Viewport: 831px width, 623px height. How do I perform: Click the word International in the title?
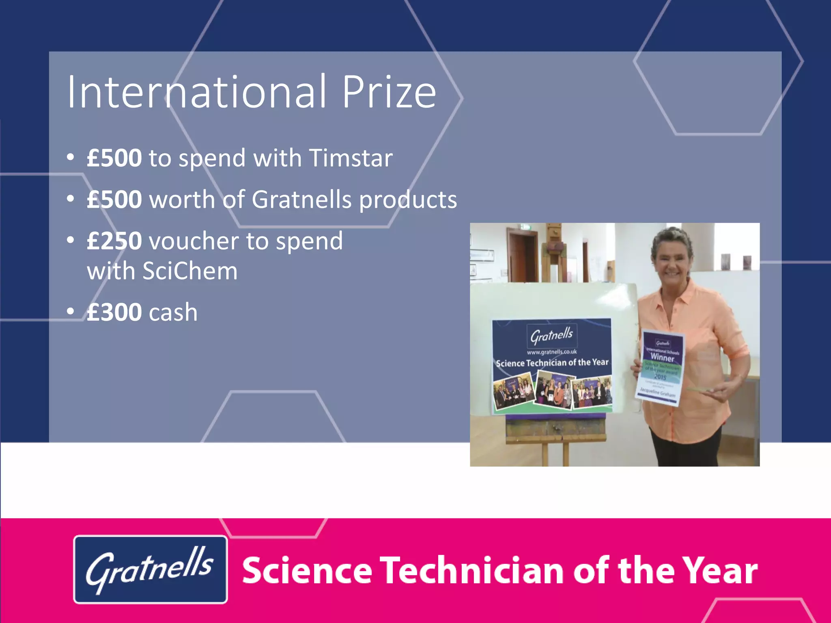coord(196,92)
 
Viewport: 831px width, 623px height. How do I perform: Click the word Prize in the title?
coord(389,92)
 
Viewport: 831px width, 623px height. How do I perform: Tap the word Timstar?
coord(351,158)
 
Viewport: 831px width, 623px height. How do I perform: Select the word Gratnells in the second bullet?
coord(301,200)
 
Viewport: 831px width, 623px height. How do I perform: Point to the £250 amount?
coord(114,241)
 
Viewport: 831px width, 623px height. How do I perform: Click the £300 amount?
coord(114,312)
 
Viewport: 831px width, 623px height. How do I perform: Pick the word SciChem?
coord(190,271)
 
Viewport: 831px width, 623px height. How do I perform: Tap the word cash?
coord(173,312)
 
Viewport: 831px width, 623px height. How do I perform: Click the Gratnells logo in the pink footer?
coord(150,569)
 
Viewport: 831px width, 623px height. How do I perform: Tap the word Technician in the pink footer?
coord(472,570)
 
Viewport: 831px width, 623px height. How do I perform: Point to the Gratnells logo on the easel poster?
coord(551,335)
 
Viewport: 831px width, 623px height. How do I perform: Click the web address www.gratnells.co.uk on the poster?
coord(551,352)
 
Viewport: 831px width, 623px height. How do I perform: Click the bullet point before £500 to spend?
coord(71,157)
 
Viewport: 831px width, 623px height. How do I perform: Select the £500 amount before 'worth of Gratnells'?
coord(114,200)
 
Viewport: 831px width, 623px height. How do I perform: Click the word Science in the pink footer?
coord(307,570)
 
